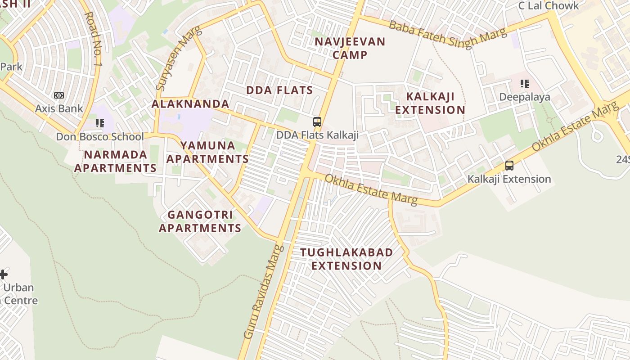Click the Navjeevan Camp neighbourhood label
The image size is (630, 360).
pos(350,48)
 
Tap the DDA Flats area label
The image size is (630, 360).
pos(279,90)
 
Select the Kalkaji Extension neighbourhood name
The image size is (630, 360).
pos(430,103)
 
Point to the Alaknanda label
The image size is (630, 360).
pos(190,104)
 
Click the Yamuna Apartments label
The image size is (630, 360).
pos(207,152)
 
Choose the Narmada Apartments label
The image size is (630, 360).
pos(115,161)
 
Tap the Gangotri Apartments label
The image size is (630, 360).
pos(200,221)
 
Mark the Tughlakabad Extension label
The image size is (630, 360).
pos(346,259)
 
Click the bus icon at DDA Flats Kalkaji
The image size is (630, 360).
pos(317,121)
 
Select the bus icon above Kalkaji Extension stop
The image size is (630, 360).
pos(509,165)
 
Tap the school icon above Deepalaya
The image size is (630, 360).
pos(524,84)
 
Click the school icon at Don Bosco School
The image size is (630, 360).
pos(99,123)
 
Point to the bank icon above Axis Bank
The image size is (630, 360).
pos(59,95)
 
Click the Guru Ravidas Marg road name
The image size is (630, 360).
pos(264,292)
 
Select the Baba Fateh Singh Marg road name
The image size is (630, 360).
pos(447,33)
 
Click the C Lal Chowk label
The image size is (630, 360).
pos(549,6)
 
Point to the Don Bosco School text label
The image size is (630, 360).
pos(100,137)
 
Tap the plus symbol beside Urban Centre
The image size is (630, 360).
pos(4,274)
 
